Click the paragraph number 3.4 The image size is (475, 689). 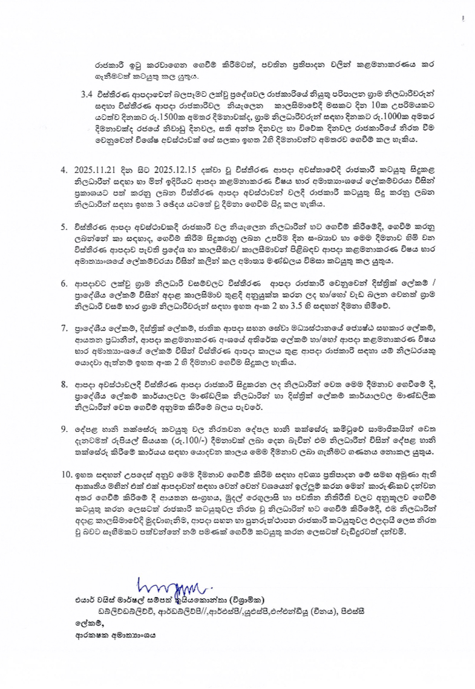click(87, 96)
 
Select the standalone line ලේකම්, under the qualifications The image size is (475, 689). click(83, 624)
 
